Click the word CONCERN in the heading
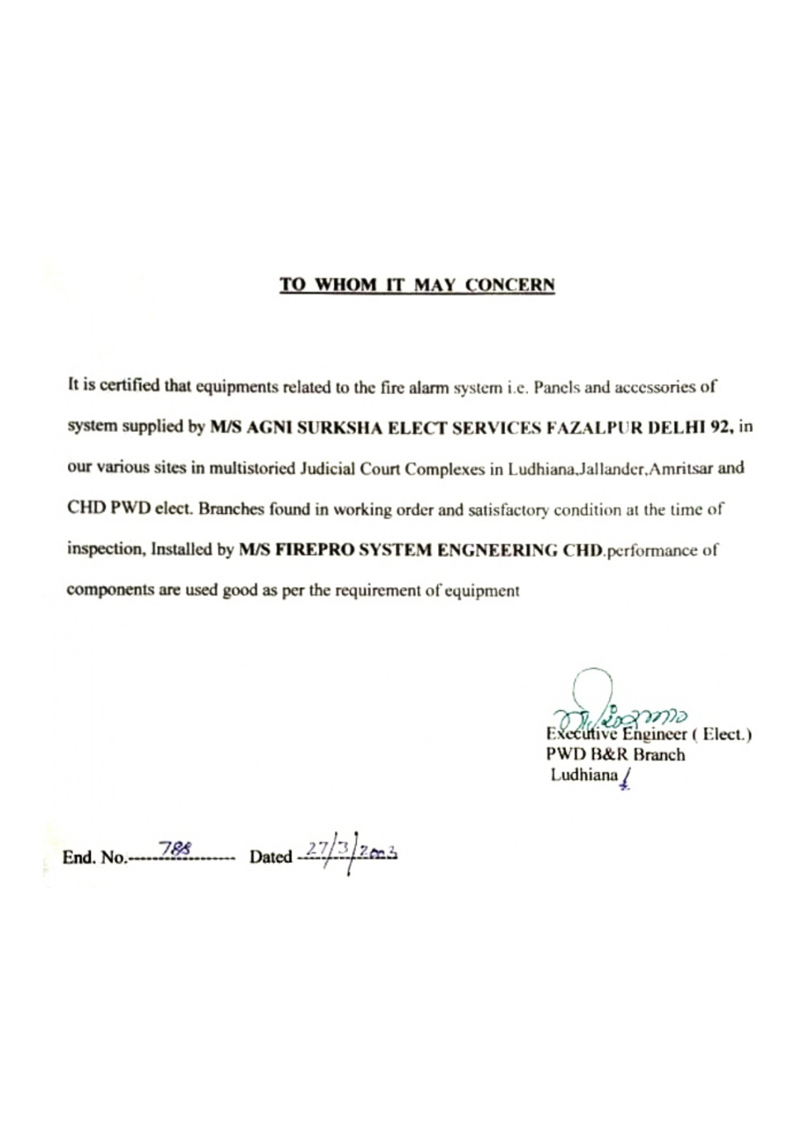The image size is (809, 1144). [510, 285]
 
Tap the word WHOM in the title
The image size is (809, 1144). [346, 285]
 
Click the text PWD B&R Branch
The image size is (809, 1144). [615, 754]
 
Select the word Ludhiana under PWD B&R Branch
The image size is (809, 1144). [583, 775]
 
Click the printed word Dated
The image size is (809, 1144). [271, 857]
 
